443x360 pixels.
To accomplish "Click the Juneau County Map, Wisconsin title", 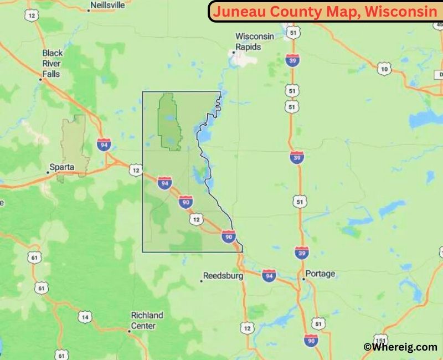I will [x=324, y=11].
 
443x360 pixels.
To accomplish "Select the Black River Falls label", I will [x=52, y=63].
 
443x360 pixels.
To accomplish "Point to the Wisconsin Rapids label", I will [x=255, y=42].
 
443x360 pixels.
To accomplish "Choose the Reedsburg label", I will [x=223, y=275].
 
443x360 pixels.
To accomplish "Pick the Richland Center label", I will [x=147, y=321].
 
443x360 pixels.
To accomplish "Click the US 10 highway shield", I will [x=384, y=69].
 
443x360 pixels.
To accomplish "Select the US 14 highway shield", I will [x=84, y=317].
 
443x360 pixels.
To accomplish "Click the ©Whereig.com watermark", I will [x=400, y=347].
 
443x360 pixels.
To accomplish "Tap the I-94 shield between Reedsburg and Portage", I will [x=269, y=275].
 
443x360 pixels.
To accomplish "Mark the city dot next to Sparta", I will [x=48, y=172].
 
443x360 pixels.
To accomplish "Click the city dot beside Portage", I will [x=303, y=279].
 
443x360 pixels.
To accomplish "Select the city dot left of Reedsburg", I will [x=201, y=281].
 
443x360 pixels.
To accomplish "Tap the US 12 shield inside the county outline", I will [x=196, y=220].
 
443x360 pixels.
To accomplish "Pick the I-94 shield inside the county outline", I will [x=164, y=182].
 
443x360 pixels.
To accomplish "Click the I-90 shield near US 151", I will [x=311, y=340].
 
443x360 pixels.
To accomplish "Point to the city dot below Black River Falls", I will [x=40, y=79].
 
